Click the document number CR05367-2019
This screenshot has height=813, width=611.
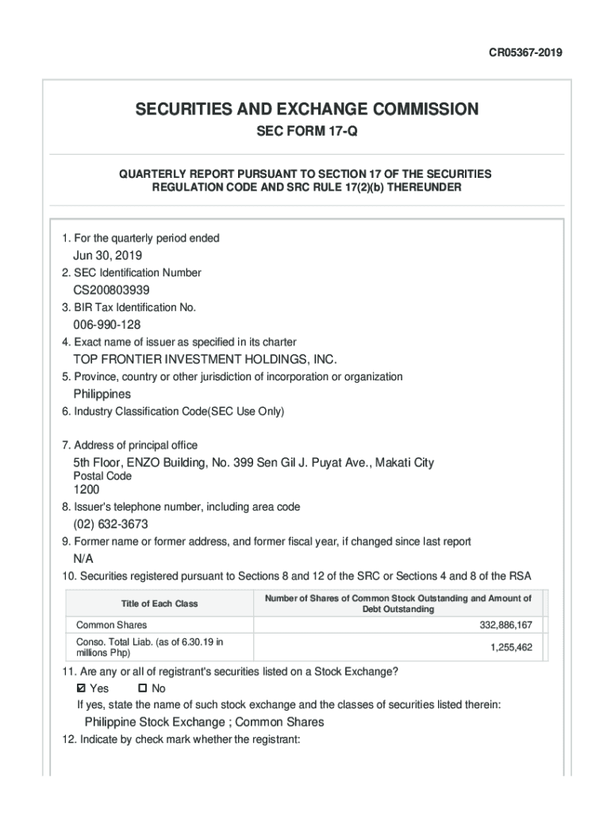[525, 53]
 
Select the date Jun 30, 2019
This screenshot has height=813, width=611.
[108, 256]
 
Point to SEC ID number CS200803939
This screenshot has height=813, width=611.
[111, 291]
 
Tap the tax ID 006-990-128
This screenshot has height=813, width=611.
[107, 325]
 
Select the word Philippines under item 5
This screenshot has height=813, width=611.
[102, 395]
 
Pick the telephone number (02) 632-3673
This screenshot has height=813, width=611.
[110, 525]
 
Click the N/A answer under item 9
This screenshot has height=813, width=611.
[83, 560]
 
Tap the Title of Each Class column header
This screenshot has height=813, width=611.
[159, 603]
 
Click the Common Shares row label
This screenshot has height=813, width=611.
[111, 626]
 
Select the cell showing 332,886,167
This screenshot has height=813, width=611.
[505, 626]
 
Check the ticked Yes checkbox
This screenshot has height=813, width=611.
[81, 688]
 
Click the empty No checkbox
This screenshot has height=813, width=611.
[143, 688]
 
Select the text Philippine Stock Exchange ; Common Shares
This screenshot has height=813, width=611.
[204, 722]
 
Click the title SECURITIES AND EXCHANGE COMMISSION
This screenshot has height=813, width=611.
[305, 109]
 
